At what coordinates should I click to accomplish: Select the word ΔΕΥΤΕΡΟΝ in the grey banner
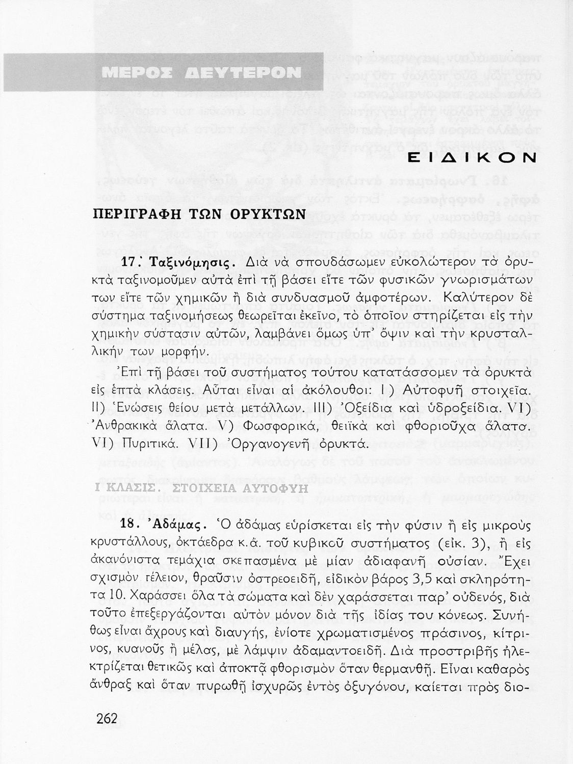pyautogui.click(x=242, y=72)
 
